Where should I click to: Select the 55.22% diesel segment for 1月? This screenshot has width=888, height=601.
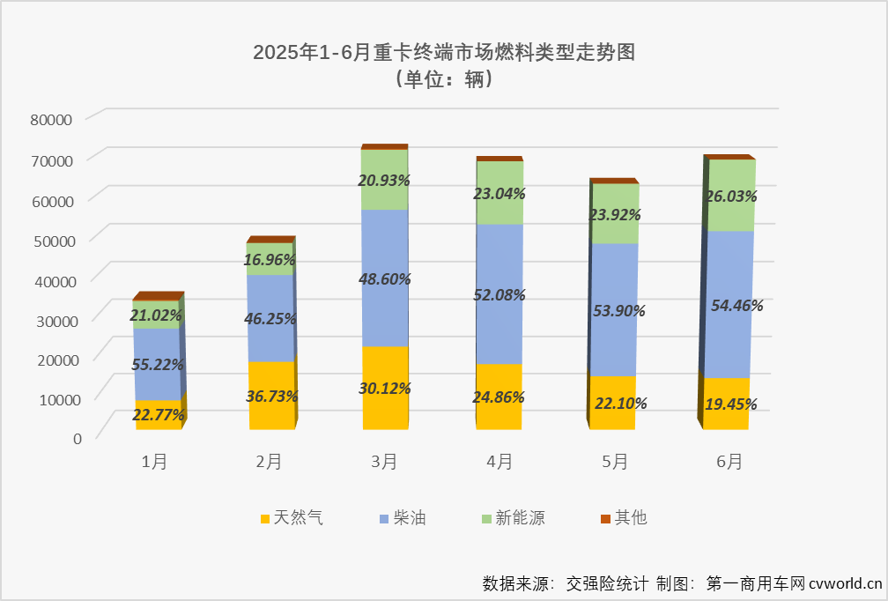tap(158, 363)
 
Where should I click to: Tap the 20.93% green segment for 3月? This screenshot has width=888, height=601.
tap(385, 180)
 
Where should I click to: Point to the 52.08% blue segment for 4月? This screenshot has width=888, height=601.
tap(499, 294)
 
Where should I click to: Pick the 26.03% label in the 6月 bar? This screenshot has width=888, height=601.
tap(730, 197)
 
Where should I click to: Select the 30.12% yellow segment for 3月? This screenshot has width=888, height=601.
tap(385, 388)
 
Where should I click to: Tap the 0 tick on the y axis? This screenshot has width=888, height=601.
tap(78, 438)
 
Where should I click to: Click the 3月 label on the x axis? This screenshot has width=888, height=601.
tap(384, 461)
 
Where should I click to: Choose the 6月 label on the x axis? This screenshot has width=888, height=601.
tap(729, 461)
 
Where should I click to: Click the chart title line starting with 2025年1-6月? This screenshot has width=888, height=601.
tap(443, 52)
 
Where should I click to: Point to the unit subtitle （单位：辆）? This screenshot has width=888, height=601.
tap(443, 79)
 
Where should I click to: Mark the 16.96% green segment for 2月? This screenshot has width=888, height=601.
tap(270, 259)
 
